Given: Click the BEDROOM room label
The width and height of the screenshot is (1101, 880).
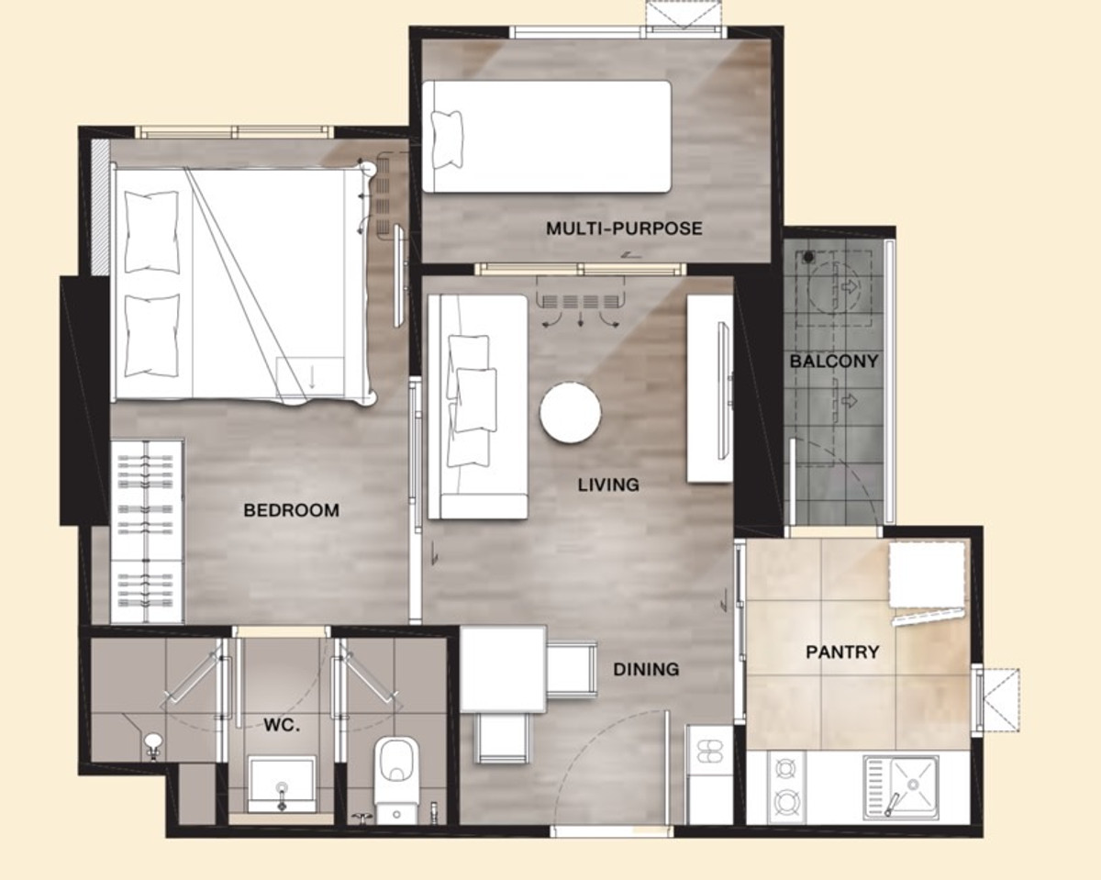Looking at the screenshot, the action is click(291, 510).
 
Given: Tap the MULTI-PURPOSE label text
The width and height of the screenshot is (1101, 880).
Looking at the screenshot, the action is click(624, 228).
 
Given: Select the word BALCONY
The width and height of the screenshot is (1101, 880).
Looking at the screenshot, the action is click(834, 362).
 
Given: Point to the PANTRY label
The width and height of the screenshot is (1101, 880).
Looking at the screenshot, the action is click(842, 652).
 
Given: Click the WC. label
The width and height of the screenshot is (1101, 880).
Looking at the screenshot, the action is click(282, 725).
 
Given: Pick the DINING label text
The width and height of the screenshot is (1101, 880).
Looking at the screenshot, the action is click(646, 669).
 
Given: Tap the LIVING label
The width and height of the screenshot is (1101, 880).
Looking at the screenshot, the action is click(608, 485).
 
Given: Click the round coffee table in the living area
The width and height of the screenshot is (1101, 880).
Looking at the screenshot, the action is click(570, 412).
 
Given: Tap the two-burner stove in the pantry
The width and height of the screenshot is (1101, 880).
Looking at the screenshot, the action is click(787, 787).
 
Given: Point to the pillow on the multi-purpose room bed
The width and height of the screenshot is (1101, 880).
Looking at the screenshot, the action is click(447, 139).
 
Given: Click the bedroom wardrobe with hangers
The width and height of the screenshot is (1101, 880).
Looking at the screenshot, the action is click(147, 530).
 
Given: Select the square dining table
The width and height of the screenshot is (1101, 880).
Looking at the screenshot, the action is click(503, 669).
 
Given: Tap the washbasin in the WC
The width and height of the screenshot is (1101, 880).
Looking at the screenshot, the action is click(282, 785).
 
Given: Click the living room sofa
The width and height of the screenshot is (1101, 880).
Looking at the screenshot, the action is click(477, 407).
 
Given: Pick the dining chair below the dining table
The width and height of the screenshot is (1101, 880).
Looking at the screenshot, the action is click(502, 738).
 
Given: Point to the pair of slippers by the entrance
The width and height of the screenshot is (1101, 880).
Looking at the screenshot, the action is click(709, 751).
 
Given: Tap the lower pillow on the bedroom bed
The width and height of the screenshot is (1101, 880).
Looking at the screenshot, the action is click(152, 335).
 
